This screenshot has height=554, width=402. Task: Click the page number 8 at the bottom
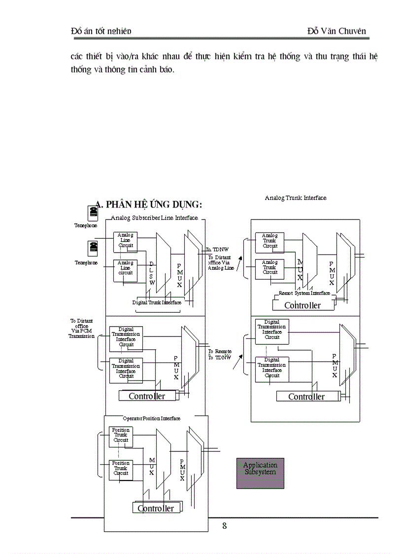pyautogui.click(x=224, y=525)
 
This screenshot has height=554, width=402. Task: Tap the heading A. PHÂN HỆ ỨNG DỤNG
pyautogui.click(x=148, y=205)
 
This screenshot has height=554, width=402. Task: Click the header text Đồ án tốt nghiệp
pyautogui.click(x=101, y=31)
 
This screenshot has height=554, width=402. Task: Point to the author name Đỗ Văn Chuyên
pyautogui.click(x=336, y=31)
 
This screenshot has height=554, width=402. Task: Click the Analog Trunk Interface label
pyautogui.click(x=296, y=198)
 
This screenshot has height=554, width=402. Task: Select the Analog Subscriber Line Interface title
pyautogui.click(x=154, y=218)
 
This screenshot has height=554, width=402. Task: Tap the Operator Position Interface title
pyautogui.click(x=151, y=418)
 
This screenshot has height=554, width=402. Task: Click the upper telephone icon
pyautogui.click(x=92, y=213)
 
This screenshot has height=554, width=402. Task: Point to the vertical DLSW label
pyautogui.click(x=152, y=273)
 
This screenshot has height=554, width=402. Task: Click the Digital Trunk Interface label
pyautogui.click(x=157, y=302)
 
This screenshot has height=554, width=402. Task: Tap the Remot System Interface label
pyautogui.click(x=304, y=293)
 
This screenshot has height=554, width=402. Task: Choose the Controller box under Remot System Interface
pyautogui.click(x=302, y=305)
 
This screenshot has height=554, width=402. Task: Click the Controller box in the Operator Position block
pyautogui.click(x=156, y=508)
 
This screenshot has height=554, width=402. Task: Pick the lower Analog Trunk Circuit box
pyautogui.click(x=270, y=267)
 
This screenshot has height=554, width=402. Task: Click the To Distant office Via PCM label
pyautogui.click(x=82, y=329)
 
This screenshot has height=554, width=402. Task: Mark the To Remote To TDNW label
pyautogui.click(x=220, y=354)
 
